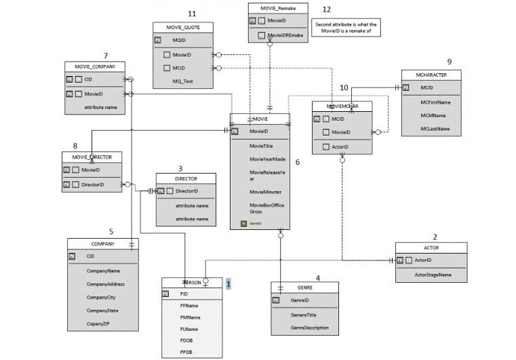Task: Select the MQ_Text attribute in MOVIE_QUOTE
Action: point(182,81)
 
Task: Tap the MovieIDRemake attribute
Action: point(285,35)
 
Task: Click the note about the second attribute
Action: point(346,27)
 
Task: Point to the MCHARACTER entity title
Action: point(432,74)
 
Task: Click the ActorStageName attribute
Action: point(433,275)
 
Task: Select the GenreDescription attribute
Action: point(309,328)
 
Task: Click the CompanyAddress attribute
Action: point(105,284)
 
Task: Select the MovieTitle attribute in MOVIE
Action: point(261,146)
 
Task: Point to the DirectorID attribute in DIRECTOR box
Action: point(187,191)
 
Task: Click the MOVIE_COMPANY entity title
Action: point(95,66)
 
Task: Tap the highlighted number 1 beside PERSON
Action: point(229,285)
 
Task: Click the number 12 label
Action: point(327,9)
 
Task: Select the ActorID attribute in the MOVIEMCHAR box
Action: point(340,146)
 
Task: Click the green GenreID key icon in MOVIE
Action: point(244,223)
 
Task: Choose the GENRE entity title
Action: point(305,287)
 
